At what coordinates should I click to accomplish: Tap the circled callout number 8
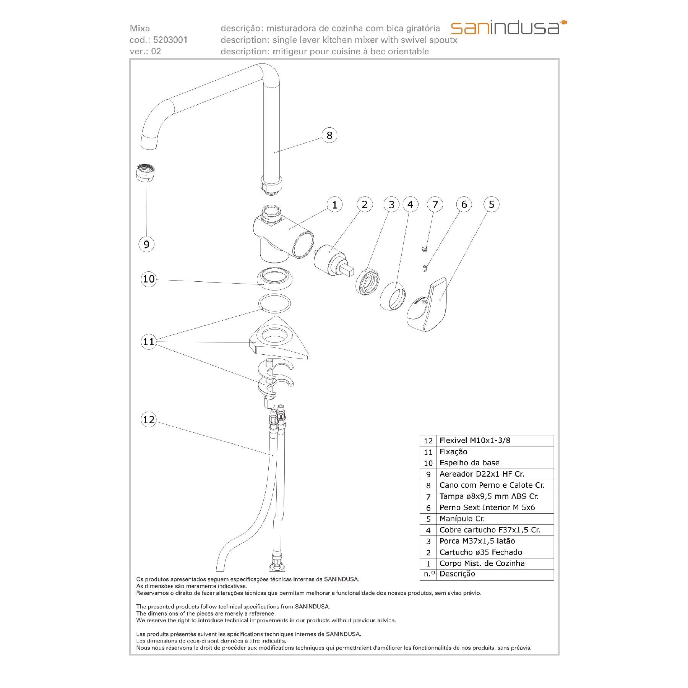click(329, 135)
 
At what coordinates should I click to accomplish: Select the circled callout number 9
click(146, 244)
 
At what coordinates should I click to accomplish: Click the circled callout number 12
click(149, 420)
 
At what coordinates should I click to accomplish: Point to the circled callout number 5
click(492, 204)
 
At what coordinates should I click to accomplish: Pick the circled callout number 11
click(149, 341)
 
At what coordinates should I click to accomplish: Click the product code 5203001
click(170, 40)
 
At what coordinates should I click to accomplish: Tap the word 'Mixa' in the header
click(140, 28)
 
